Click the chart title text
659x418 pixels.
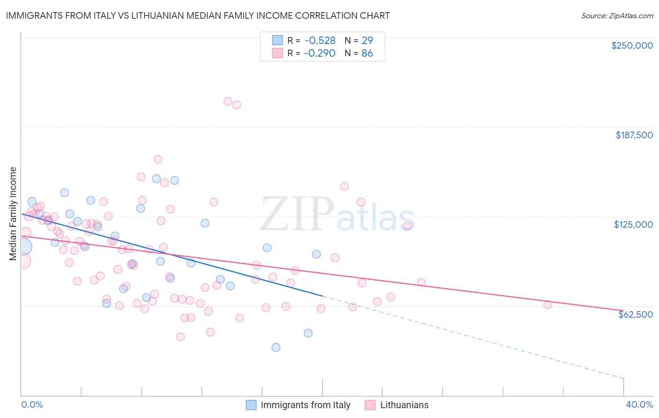click(197, 15)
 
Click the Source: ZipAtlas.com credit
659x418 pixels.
click(617, 16)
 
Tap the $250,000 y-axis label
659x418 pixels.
click(632, 45)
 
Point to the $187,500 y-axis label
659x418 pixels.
click(634, 135)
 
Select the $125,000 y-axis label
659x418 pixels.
click(633, 224)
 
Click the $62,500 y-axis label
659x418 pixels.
click(635, 314)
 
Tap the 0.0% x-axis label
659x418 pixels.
click(32, 404)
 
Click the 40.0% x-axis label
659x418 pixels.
click(639, 404)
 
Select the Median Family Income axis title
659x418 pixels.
click(13, 214)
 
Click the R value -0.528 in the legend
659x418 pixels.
click(320, 41)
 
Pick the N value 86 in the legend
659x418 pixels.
click(367, 53)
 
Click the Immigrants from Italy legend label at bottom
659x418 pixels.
click(305, 405)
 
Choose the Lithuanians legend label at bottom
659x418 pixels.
click(404, 405)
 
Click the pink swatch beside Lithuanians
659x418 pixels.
click(370, 405)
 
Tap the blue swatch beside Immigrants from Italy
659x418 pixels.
click(251, 405)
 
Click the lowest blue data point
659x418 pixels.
click(276, 347)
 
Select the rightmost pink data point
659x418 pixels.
click(547, 305)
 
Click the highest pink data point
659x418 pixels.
click(228, 101)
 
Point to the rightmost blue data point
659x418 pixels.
click(316, 254)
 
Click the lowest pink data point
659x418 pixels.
click(180, 337)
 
